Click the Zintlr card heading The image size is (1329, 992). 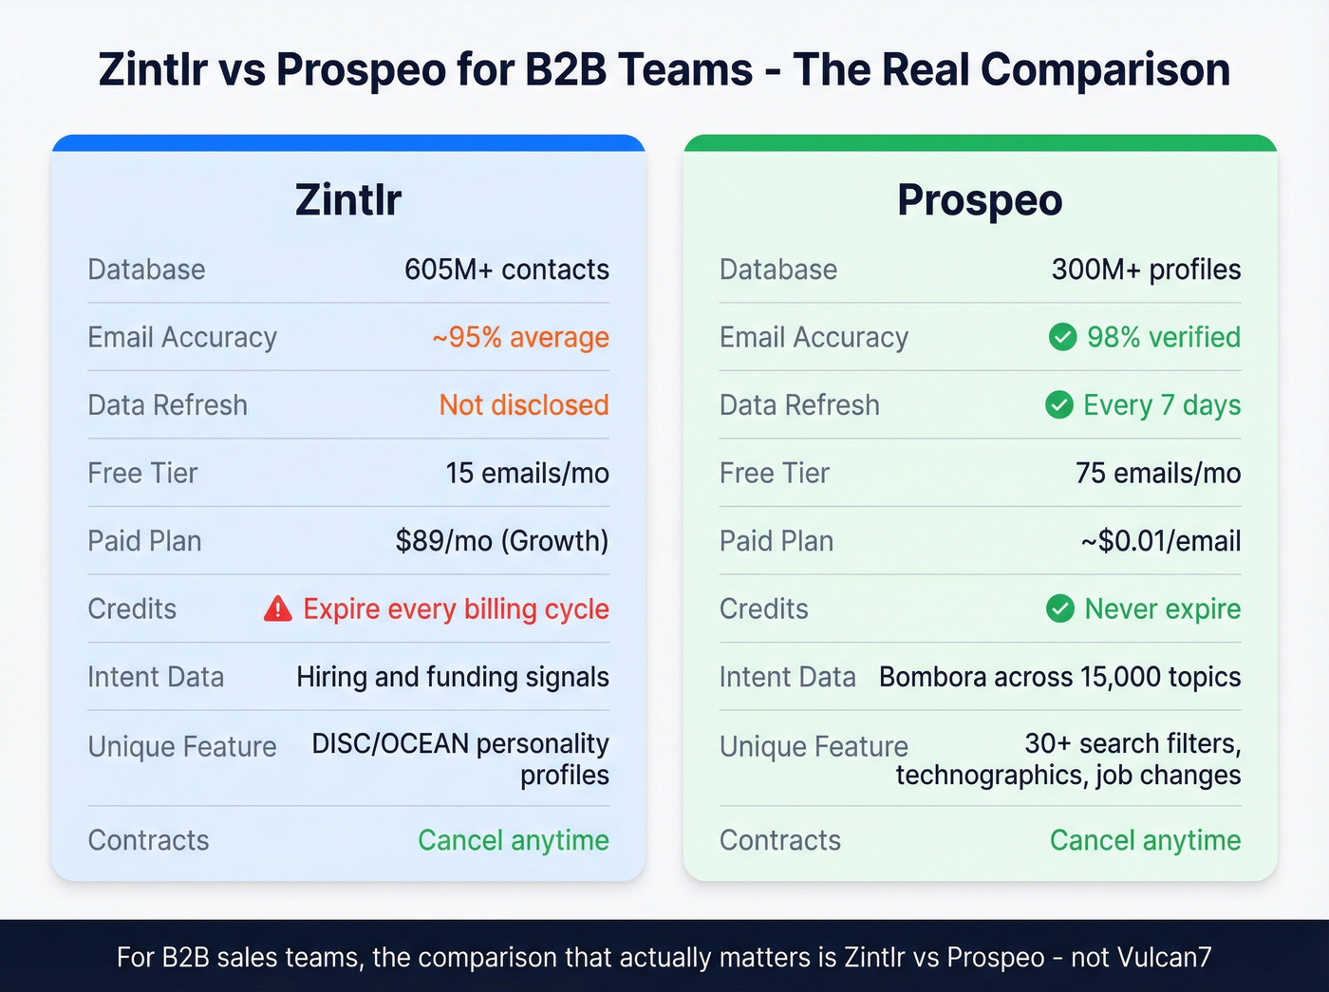click(x=347, y=200)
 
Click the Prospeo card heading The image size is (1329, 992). click(x=980, y=200)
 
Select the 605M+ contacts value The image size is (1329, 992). click(x=507, y=270)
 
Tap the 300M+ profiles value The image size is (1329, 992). click(x=1146, y=270)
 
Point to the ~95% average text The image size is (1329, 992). click(x=520, y=337)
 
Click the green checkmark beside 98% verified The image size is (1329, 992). click(x=1062, y=337)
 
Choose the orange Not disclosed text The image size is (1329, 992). click(x=524, y=405)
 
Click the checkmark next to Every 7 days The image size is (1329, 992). click(x=1059, y=405)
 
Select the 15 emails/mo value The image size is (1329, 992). click(x=528, y=473)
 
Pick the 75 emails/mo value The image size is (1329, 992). click(x=1158, y=473)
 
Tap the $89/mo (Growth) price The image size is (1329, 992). click(x=502, y=541)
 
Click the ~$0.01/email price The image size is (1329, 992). click(x=1160, y=541)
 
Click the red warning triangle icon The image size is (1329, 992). click(x=277, y=608)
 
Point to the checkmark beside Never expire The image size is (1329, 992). click(x=1059, y=608)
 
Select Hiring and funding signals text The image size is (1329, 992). click(x=453, y=677)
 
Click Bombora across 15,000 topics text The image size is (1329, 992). click(x=1059, y=677)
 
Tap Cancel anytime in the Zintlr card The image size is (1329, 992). click(x=514, y=840)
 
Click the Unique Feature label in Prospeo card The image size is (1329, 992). click(x=814, y=747)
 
